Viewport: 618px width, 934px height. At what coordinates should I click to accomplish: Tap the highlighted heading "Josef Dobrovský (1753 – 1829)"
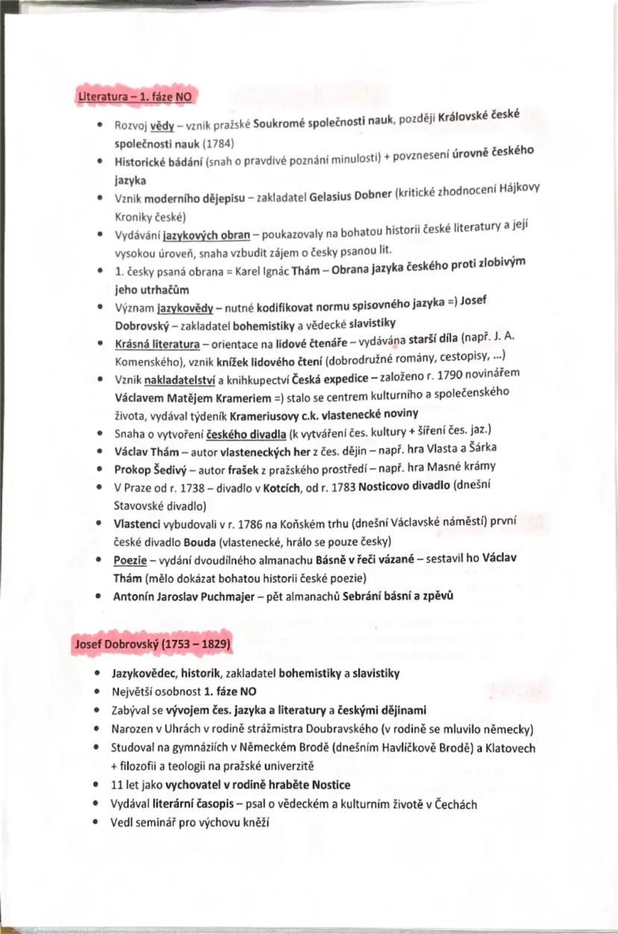152,644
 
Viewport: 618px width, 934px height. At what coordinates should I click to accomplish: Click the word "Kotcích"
264,486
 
